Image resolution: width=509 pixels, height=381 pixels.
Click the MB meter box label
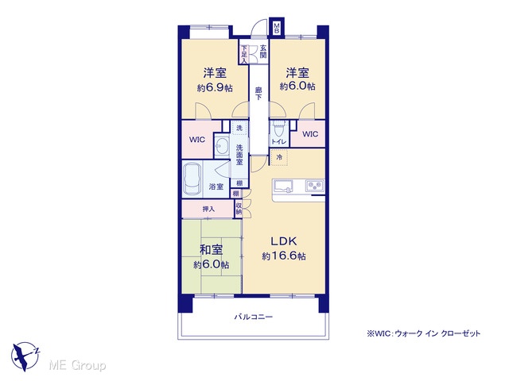point(277,28)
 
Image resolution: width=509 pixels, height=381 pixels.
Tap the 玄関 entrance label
point(263,52)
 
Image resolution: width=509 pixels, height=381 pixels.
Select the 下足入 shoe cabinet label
point(244,53)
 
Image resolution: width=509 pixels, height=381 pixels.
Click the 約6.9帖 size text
point(215,88)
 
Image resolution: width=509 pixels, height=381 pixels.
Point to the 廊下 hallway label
point(258,94)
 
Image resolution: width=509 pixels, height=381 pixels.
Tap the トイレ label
point(279,141)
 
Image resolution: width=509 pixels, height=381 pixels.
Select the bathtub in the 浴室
point(192,179)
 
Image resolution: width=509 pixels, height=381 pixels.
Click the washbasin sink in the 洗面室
point(222,146)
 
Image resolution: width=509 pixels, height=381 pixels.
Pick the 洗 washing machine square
point(239,128)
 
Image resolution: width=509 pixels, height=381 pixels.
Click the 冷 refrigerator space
point(279,158)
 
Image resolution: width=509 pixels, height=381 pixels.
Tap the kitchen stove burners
point(315,186)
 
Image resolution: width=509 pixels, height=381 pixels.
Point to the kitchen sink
point(284,186)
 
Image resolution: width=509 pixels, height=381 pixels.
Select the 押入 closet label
point(208,209)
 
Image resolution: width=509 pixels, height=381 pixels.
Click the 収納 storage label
point(239,209)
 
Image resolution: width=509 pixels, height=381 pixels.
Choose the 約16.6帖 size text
point(284,256)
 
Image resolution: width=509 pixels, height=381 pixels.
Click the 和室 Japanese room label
point(211,250)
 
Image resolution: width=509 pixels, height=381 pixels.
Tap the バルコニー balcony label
point(254,317)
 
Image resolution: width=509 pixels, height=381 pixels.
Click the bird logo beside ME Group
point(25,356)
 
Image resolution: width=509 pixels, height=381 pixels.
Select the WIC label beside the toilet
point(310,134)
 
